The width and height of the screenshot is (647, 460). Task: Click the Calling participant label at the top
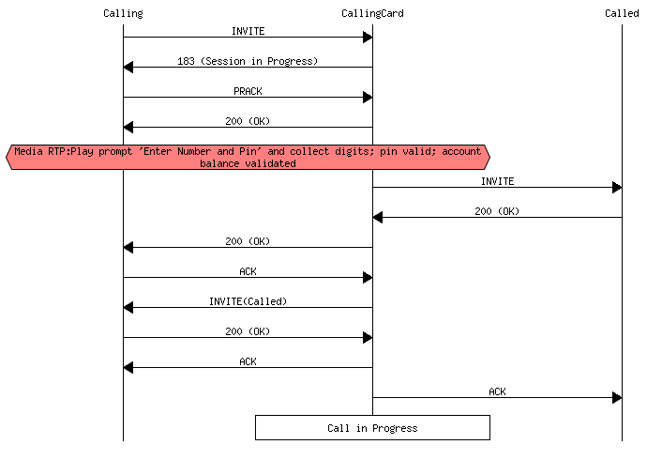pyautogui.click(x=123, y=12)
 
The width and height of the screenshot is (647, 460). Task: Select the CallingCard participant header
pyautogui.click(x=372, y=12)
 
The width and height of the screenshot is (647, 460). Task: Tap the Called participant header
pyautogui.click(x=622, y=12)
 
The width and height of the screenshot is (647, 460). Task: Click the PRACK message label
pyautogui.click(x=248, y=91)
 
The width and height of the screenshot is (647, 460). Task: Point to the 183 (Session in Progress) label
pyautogui.click(x=248, y=61)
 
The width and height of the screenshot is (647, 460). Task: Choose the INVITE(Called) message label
pyautogui.click(x=248, y=301)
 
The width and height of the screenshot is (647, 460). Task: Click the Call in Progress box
pyautogui.click(x=372, y=428)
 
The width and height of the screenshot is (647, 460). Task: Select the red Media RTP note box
pyautogui.click(x=248, y=157)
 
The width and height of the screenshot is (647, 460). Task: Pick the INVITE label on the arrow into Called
pyautogui.click(x=497, y=181)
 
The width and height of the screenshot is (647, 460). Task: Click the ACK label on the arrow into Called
pyautogui.click(x=497, y=391)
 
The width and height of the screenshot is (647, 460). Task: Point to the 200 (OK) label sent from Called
pyautogui.click(x=497, y=211)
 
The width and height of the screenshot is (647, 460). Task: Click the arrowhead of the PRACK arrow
pyautogui.click(x=368, y=98)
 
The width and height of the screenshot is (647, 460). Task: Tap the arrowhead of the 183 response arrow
pyautogui.click(x=128, y=68)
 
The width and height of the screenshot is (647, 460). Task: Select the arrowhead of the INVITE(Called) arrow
pyautogui.click(x=128, y=308)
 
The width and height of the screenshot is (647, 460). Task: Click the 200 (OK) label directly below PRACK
pyautogui.click(x=248, y=121)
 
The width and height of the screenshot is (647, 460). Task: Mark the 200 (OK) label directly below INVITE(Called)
pyautogui.click(x=248, y=331)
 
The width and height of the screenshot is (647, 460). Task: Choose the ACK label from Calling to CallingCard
pyautogui.click(x=248, y=271)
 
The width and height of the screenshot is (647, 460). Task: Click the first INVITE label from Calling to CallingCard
pyautogui.click(x=248, y=31)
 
